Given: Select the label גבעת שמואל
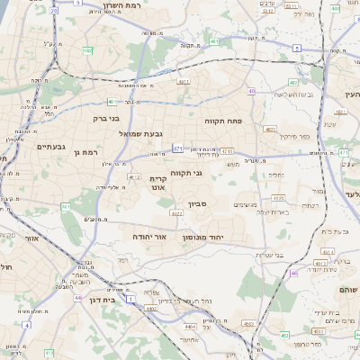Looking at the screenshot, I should (140, 133).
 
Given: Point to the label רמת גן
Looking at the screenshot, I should (85, 153).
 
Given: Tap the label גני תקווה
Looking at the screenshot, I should (185, 173).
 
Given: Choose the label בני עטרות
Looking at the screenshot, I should (267, 254).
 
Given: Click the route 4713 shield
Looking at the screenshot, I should (227, 151).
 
